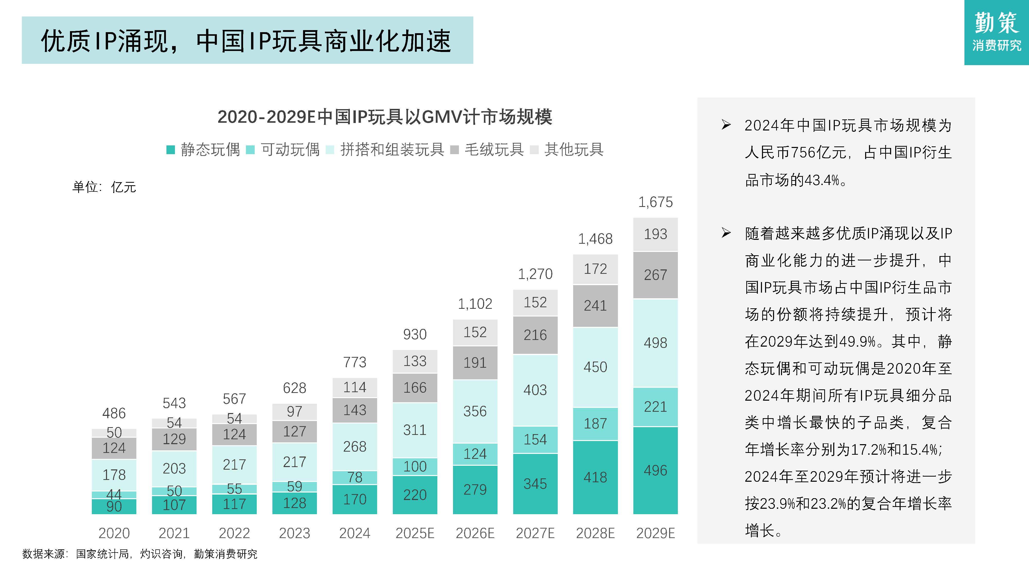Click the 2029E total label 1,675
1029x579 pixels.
tap(655, 202)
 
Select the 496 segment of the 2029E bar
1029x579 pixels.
tap(655, 470)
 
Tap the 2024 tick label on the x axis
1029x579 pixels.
tap(354, 533)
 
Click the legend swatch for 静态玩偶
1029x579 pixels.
tap(171, 150)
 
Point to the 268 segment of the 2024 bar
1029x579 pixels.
tap(354, 446)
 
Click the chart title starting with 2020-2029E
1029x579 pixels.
tap(385, 117)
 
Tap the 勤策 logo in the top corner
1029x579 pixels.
tap(996, 32)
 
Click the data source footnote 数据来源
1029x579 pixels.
tap(140, 554)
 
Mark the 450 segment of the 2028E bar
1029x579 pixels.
tap(595, 367)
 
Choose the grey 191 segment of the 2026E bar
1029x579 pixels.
tap(475, 362)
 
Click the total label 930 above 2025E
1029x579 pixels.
tap(415, 334)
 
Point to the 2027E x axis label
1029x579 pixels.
tap(535, 533)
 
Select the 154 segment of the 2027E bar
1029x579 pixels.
tap(535, 440)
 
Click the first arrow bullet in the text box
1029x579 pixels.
tap(726, 125)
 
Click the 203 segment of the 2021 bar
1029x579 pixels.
tap(174, 468)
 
